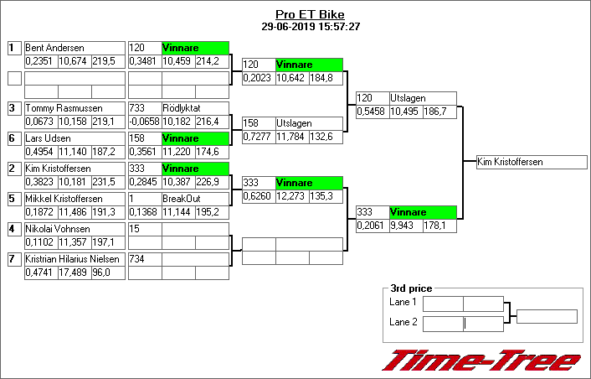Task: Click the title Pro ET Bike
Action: point(310,14)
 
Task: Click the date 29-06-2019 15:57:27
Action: point(310,26)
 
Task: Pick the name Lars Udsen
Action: point(47,138)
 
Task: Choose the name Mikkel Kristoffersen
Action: point(64,199)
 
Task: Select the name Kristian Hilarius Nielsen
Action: point(72,259)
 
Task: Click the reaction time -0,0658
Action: point(144,122)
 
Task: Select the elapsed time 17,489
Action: point(74,273)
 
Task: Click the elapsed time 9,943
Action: point(405,226)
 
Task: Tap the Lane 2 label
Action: point(403,323)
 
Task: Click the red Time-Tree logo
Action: point(481,360)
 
